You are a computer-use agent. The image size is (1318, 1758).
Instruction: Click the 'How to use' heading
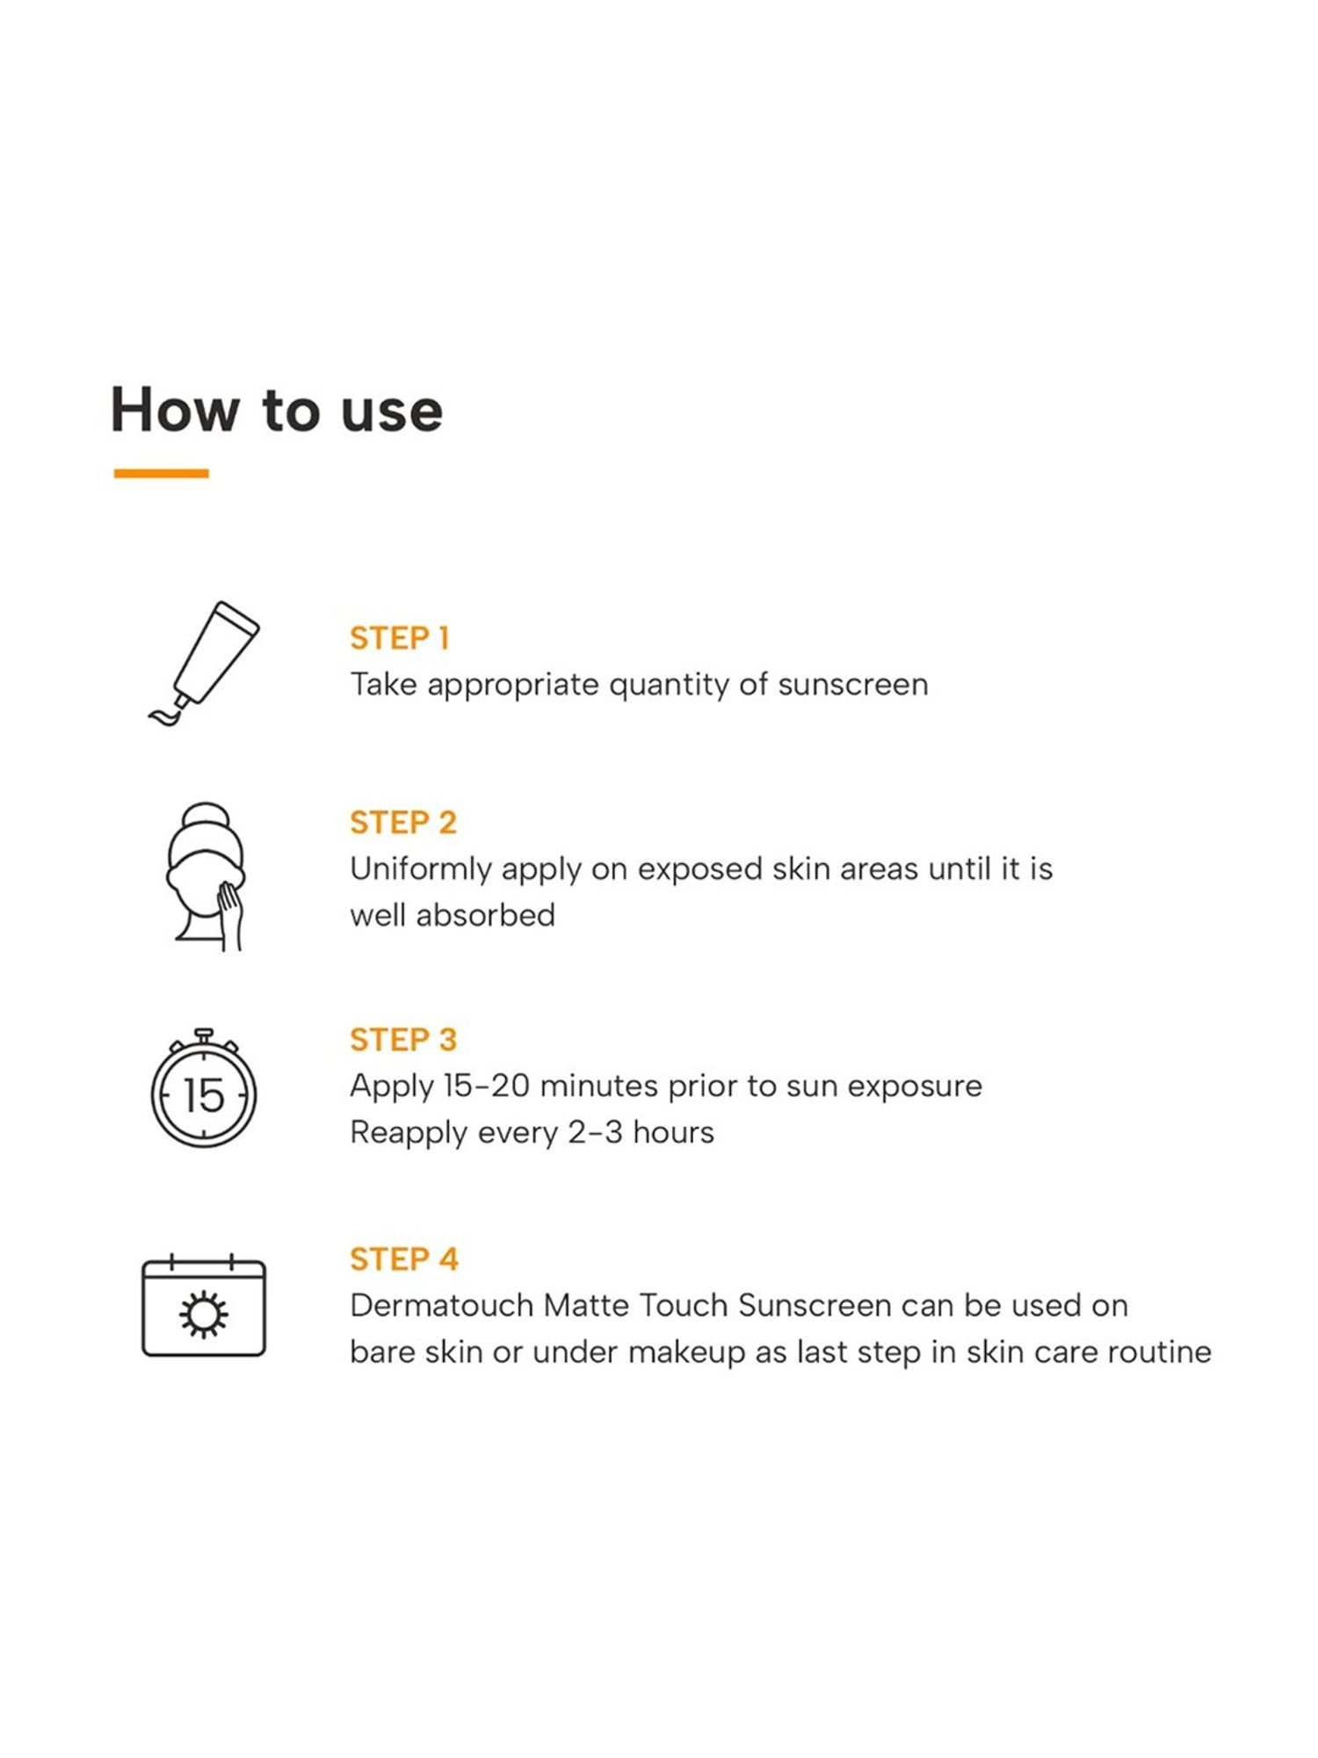point(277,410)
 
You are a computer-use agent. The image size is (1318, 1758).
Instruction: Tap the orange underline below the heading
point(162,473)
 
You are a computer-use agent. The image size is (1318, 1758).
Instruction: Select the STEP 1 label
point(400,638)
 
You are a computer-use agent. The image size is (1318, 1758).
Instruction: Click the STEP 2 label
point(403,823)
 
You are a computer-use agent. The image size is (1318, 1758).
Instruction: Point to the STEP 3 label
point(403,1040)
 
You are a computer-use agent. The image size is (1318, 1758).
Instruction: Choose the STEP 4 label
point(404,1260)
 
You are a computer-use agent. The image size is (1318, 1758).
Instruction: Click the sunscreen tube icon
point(203,664)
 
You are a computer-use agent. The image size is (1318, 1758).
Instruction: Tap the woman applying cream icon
point(206,876)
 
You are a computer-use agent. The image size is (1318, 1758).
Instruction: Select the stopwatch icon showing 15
point(204,1087)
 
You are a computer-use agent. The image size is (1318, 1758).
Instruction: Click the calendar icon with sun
point(204,1305)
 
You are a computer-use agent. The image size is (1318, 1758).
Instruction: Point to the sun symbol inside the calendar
point(204,1314)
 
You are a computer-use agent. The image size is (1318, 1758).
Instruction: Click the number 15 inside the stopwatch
point(204,1095)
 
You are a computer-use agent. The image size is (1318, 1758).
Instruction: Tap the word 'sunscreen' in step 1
point(852,685)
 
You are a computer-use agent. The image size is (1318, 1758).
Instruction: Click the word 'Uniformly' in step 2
point(422,870)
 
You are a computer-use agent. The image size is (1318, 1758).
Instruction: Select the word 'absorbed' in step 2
point(485,915)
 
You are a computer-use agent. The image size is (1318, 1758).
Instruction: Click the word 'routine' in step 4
point(1159,1352)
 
